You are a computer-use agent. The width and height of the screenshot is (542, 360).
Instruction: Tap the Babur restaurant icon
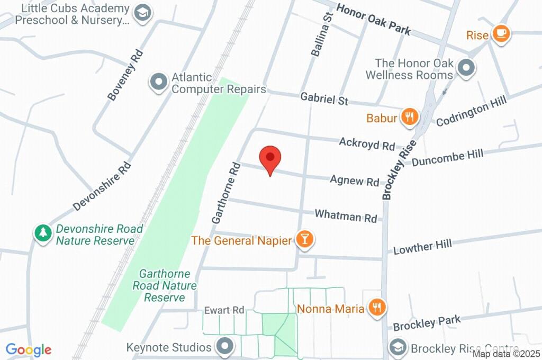point(409,118)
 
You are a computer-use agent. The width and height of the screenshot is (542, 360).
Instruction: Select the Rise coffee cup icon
point(500,34)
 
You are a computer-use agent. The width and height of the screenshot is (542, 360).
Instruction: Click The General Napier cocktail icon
point(304,240)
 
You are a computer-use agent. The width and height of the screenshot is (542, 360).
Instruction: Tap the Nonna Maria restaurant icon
point(376,307)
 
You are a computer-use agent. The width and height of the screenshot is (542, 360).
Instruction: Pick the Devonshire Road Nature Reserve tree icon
point(42,233)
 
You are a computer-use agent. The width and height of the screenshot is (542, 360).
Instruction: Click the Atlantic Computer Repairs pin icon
point(158,83)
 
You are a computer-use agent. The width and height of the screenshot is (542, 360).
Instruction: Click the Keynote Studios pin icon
point(226,347)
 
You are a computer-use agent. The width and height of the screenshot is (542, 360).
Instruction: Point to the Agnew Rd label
point(354,181)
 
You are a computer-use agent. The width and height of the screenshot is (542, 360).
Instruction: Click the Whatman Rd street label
point(345,216)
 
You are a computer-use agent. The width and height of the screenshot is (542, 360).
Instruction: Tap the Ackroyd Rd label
point(367,143)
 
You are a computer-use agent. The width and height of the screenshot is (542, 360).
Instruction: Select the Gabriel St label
point(324,99)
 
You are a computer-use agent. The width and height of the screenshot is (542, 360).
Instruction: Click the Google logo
point(29,349)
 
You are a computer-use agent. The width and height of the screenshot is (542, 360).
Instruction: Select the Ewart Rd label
point(224,310)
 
